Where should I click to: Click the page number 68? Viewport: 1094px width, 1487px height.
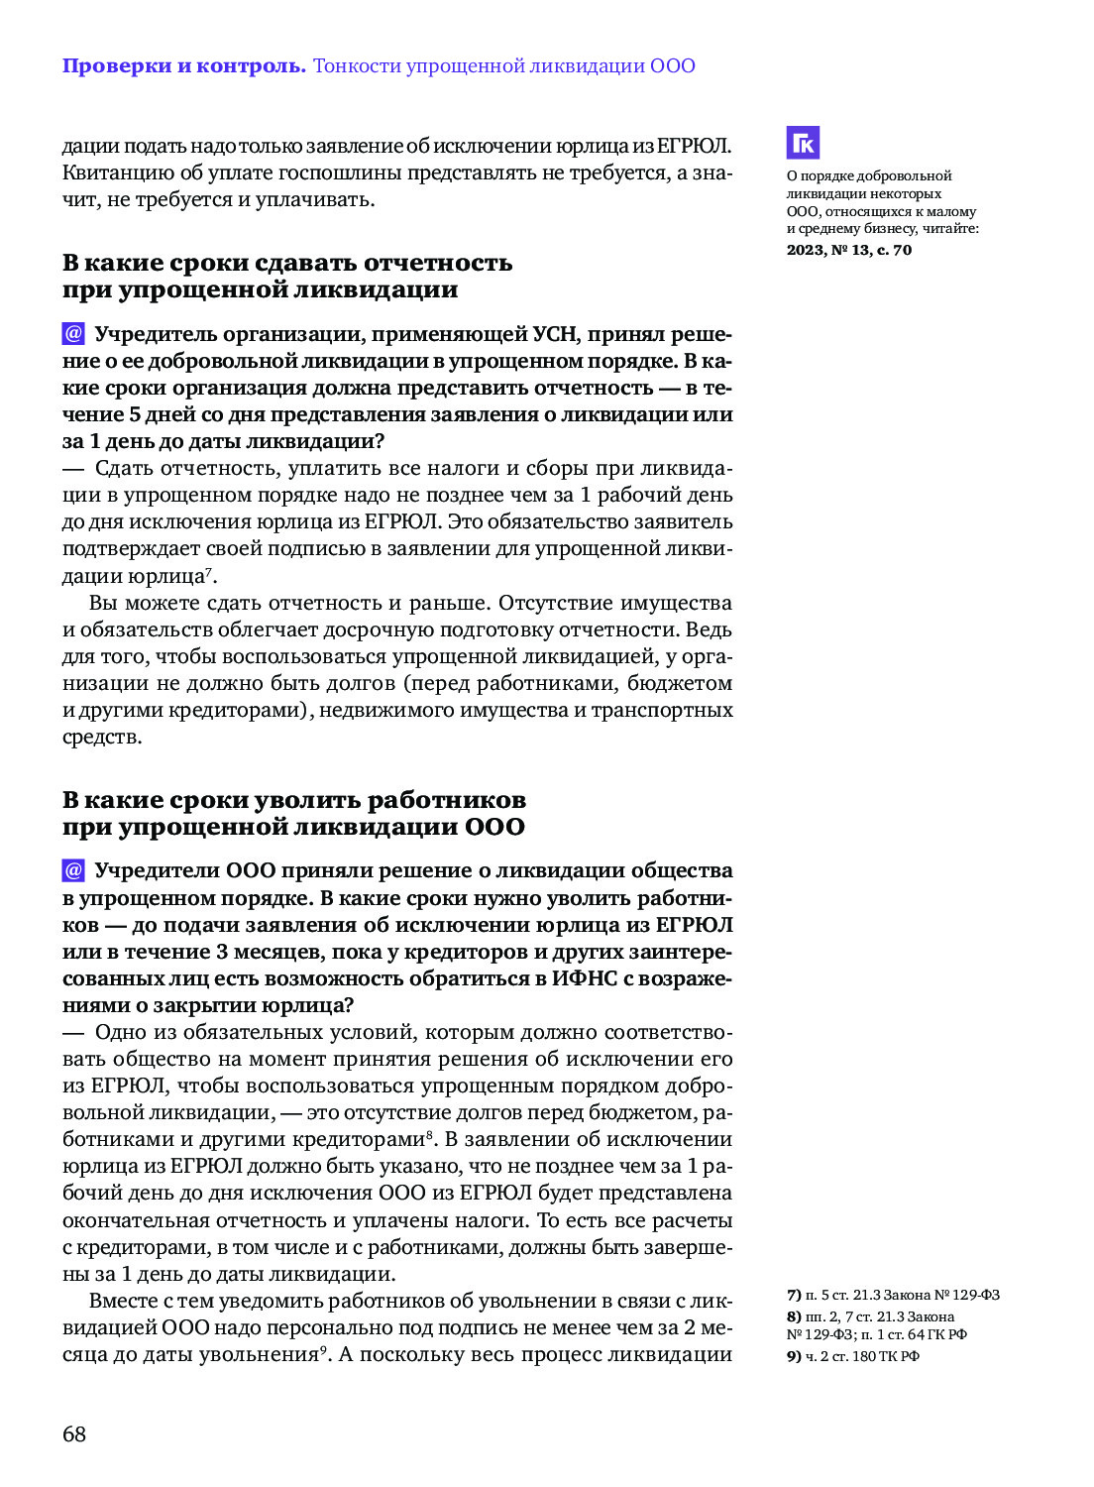(74, 1433)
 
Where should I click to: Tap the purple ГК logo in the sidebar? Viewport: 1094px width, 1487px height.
(803, 143)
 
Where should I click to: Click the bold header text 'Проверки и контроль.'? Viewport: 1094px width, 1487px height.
(184, 66)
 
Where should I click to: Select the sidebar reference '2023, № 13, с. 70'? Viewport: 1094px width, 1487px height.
(849, 250)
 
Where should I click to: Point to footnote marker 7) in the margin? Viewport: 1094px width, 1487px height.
(794, 1295)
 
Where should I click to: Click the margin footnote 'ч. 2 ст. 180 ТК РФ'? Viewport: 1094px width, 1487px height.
(862, 1356)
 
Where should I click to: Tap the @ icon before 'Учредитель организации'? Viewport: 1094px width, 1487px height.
(73, 333)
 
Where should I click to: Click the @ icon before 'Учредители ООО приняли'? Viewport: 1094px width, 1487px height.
(73, 870)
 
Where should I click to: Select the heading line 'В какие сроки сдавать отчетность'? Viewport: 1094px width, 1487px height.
(287, 263)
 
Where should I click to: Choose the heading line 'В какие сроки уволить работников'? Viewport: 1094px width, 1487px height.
(294, 800)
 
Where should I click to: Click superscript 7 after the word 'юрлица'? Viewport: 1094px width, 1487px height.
(209, 571)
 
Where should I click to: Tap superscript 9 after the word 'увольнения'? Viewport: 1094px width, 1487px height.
(322, 1349)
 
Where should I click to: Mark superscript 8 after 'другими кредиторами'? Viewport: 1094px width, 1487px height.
(429, 1134)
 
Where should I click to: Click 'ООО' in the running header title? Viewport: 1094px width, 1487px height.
(673, 66)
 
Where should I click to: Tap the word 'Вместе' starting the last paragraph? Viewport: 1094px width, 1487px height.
(123, 1301)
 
